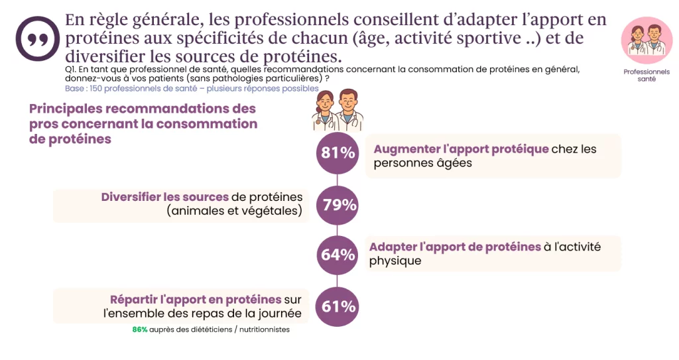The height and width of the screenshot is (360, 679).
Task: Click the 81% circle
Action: click(338, 153)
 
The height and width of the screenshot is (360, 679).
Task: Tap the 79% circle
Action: click(338, 205)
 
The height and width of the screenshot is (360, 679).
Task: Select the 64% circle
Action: click(338, 255)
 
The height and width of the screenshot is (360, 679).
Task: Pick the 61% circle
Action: click(338, 306)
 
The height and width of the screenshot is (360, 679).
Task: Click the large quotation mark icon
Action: click(37, 38)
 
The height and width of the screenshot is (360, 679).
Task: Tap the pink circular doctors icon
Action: click(647, 40)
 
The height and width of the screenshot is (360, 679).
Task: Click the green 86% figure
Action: click(139, 330)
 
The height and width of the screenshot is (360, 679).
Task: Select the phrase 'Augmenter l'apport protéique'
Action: click(461, 149)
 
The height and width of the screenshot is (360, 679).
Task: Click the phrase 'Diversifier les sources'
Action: click(165, 197)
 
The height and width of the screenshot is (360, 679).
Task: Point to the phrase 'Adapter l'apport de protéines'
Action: click(455, 247)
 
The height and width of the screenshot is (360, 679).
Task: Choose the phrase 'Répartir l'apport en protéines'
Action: click(196, 300)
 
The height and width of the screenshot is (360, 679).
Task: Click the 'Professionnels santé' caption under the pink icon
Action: click(647, 75)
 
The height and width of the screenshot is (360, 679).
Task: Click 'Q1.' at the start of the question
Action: click(70, 69)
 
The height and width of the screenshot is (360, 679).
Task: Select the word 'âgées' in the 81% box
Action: click(454, 163)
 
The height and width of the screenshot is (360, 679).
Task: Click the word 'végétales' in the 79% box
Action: click(272, 211)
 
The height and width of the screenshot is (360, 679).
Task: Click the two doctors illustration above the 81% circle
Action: click(338, 110)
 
